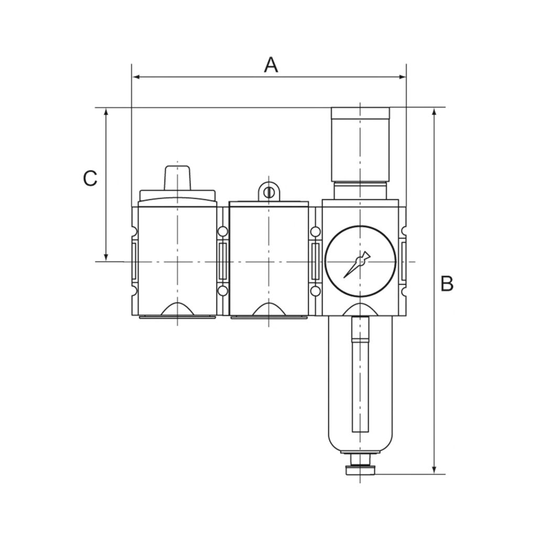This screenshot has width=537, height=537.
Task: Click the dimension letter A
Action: [x=271, y=65]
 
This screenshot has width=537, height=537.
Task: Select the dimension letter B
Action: [x=446, y=284]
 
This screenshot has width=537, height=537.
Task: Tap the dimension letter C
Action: [x=90, y=178]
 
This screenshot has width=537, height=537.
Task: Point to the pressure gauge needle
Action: [x=357, y=265]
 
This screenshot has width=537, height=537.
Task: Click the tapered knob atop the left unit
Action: [x=177, y=178]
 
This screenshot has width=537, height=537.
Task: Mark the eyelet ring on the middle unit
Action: [x=268, y=191]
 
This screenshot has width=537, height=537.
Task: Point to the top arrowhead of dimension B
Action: [x=434, y=112]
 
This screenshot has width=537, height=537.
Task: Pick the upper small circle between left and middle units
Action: [x=223, y=231]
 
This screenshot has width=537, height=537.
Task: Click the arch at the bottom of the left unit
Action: [x=177, y=309]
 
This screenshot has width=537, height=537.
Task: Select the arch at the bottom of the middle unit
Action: [x=268, y=309]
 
